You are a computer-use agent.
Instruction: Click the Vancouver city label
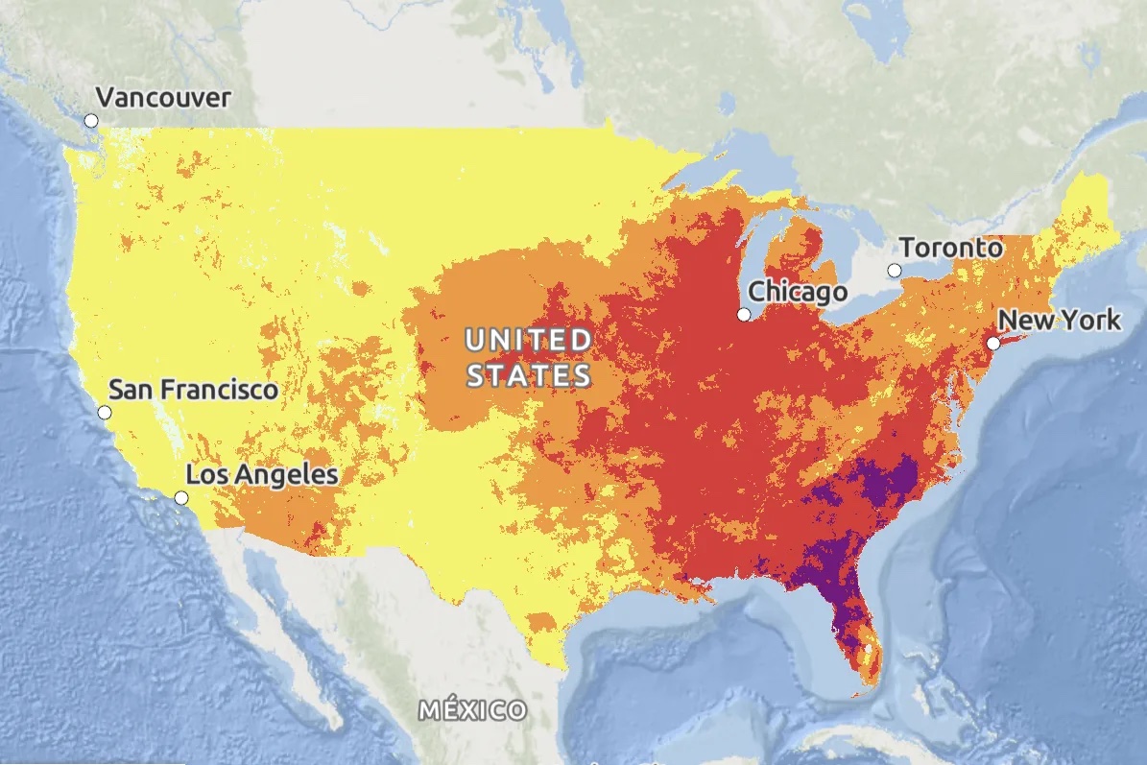(163, 98)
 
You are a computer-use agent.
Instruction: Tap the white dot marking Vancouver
(91, 120)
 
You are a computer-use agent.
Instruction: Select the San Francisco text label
(193, 390)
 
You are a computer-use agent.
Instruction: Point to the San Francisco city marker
(105, 413)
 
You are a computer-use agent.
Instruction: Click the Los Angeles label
(261, 474)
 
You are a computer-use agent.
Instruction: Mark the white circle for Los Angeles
(181, 497)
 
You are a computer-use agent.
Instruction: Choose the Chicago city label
(798, 291)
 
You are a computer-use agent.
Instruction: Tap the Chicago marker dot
(744, 315)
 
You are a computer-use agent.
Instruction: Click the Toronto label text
(951, 248)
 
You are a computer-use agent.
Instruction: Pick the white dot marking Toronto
(895, 271)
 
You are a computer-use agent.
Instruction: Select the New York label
(1059, 320)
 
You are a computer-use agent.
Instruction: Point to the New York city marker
(993, 343)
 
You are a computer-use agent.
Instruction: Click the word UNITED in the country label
(529, 340)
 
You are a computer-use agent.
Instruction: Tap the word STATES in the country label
(529, 374)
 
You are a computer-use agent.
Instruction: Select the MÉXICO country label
(473, 711)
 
